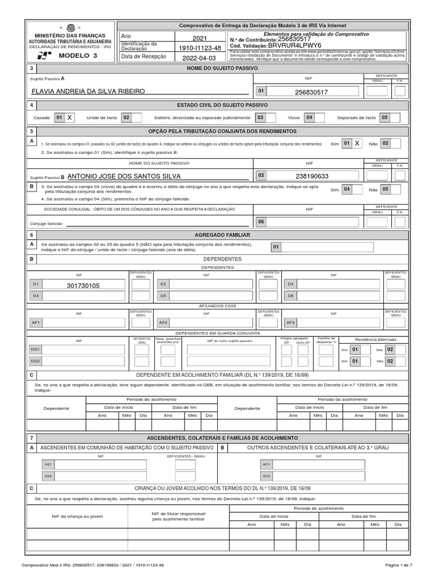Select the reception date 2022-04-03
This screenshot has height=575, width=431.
click(x=199, y=57)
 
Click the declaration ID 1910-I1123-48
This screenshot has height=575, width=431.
click(x=199, y=48)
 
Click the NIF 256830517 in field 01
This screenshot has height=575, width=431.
click(x=311, y=91)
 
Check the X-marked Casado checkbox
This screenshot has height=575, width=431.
click(x=70, y=118)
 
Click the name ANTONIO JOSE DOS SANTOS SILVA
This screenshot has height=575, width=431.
click(x=124, y=176)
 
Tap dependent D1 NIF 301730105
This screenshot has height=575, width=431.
click(x=82, y=285)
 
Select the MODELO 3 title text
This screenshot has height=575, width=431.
click(x=77, y=56)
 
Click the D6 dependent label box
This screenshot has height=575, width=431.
click(x=291, y=295)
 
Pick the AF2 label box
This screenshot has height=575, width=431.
click(x=163, y=323)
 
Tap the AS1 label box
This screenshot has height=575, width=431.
click(x=49, y=465)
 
